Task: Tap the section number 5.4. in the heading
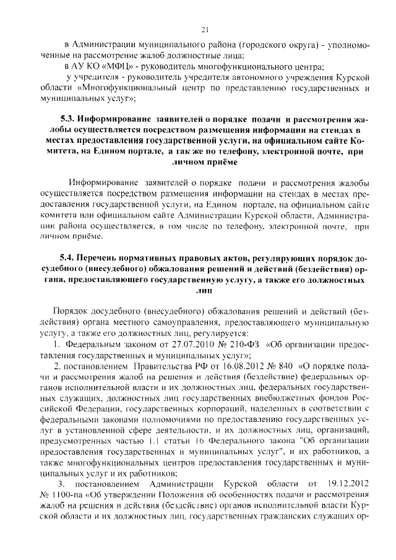point(69,258)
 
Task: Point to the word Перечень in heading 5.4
point(103,258)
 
